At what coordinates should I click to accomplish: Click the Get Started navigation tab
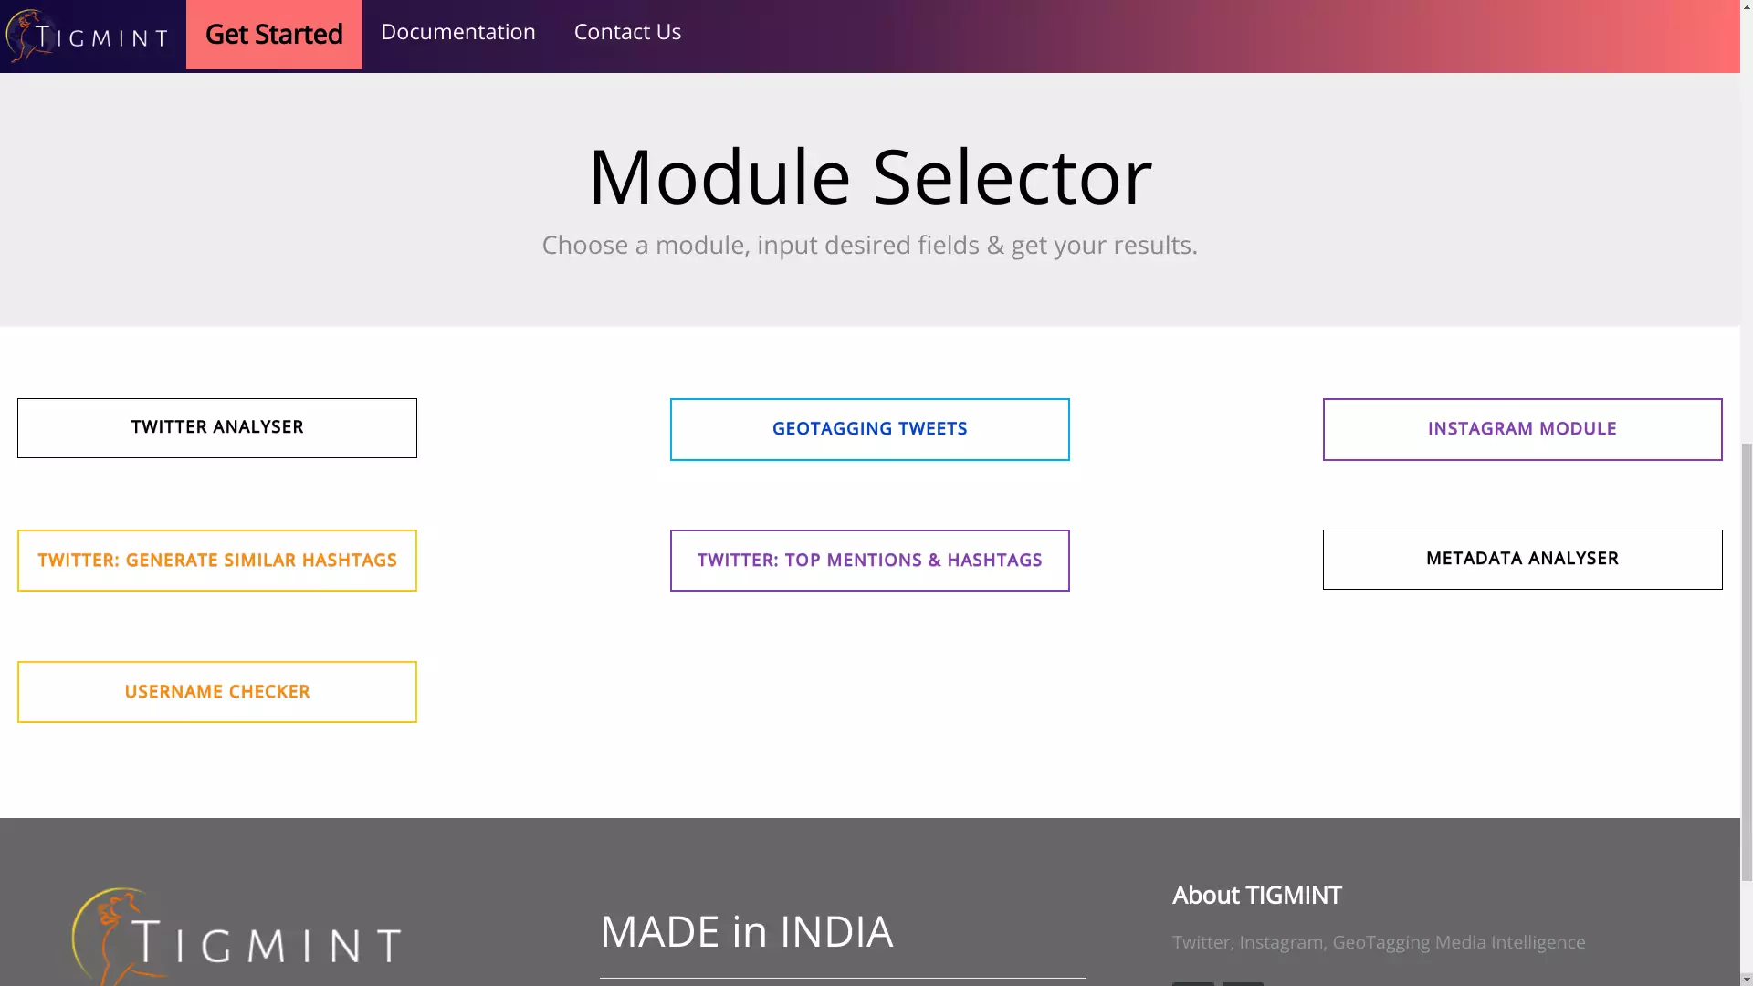(x=274, y=35)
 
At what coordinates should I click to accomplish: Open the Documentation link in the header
(x=458, y=32)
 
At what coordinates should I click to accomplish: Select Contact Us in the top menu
(x=627, y=32)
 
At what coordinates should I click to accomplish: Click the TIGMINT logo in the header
(x=87, y=37)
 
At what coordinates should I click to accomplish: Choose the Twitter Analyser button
(x=217, y=428)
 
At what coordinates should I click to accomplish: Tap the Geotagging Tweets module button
(x=870, y=429)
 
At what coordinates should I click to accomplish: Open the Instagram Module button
(x=1523, y=429)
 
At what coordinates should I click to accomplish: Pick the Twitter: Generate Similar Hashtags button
(x=217, y=561)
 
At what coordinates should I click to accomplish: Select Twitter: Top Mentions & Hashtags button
(x=870, y=561)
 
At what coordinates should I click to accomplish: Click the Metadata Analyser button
(x=1523, y=560)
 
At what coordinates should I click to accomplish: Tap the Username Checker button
(x=217, y=692)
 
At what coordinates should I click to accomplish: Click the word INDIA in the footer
(x=836, y=932)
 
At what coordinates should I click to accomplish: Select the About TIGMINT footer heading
(x=1257, y=896)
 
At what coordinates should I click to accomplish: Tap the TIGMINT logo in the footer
(x=236, y=937)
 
